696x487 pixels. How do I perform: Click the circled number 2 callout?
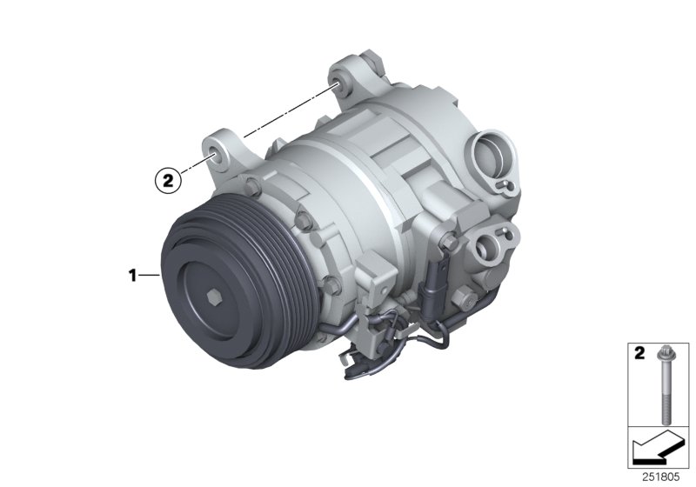168,181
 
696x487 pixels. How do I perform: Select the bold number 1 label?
132,276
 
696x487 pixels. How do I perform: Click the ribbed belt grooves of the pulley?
178,252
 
